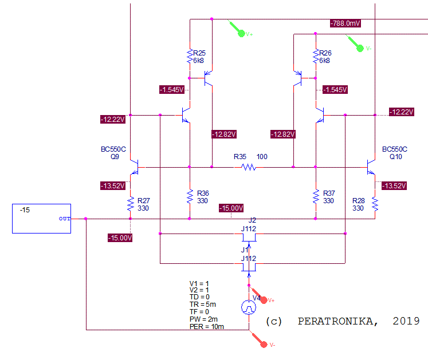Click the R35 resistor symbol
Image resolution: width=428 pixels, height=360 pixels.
pyautogui.click(x=248, y=167)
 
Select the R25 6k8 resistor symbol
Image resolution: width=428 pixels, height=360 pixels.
pyautogui.click(x=190, y=56)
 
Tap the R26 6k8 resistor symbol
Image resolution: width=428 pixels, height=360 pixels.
pyautogui.click(x=316, y=56)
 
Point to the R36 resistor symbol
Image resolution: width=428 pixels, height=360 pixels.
pyautogui.click(x=190, y=196)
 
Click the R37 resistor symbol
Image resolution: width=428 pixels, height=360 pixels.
pyautogui.click(x=316, y=196)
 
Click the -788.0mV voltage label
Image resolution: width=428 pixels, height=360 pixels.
pyautogui.click(x=345, y=23)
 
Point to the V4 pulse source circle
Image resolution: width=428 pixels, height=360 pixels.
pyautogui.click(x=249, y=307)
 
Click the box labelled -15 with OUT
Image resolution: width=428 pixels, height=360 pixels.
pyautogui.click(x=41, y=218)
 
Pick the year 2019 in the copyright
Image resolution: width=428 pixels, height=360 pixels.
pyautogui.click(x=406, y=321)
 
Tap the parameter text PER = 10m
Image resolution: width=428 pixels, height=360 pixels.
pyautogui.click(x=206, y=327)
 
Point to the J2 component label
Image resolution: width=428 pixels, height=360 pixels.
pyautogui.click(x=252, y=220)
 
